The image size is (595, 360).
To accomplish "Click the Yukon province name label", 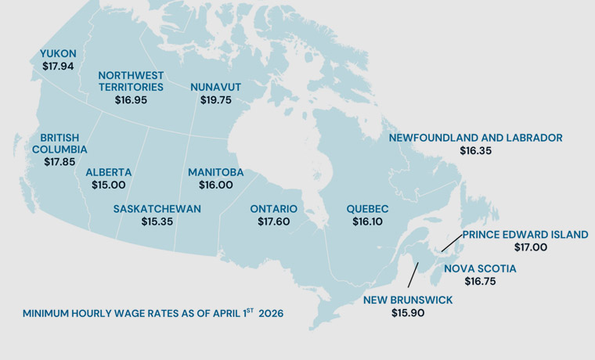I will coord(58,53).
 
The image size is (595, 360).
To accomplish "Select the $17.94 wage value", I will coord(58,67).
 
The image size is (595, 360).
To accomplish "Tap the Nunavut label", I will coord(215,87).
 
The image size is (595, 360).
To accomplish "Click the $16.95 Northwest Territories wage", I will coord(131,100).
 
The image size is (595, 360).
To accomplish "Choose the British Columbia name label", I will coord(59,142).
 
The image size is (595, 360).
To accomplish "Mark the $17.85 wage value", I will coord(59,162).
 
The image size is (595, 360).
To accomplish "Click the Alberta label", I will coord(108,172).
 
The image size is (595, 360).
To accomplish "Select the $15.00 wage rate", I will coord(108,185).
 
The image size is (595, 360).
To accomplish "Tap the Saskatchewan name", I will coord(157,209).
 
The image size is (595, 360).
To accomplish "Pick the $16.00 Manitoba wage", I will coord(215,185).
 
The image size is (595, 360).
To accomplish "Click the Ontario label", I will coord(273,209).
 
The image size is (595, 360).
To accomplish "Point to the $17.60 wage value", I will coord(273,222).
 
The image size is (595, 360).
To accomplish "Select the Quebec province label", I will coord(367,209).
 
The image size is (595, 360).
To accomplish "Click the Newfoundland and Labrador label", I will coord(475,138).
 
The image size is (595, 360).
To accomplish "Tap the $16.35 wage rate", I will coord(475,151).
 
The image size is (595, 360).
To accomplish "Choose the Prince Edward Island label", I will coord(525,234).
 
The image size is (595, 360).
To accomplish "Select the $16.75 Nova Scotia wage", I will coord(480,282).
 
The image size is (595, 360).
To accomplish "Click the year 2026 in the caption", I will coord(270,313).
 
